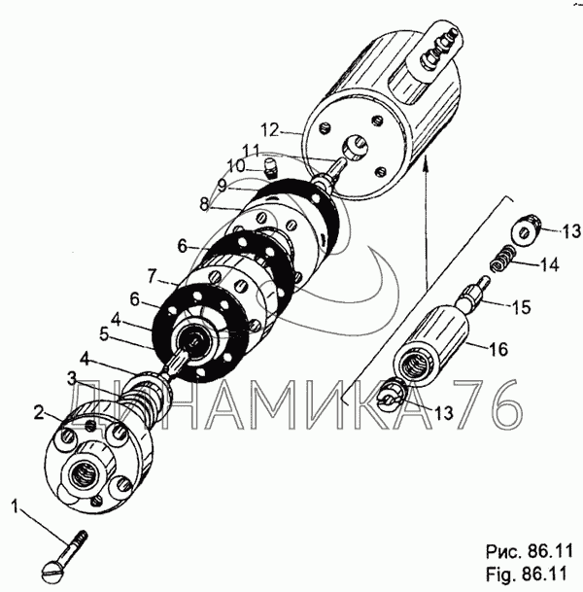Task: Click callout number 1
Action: click(15, 505)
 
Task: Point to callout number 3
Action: click(73, 376)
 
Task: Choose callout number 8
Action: click(203, 205)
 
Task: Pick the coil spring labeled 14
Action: click(499, 259)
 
